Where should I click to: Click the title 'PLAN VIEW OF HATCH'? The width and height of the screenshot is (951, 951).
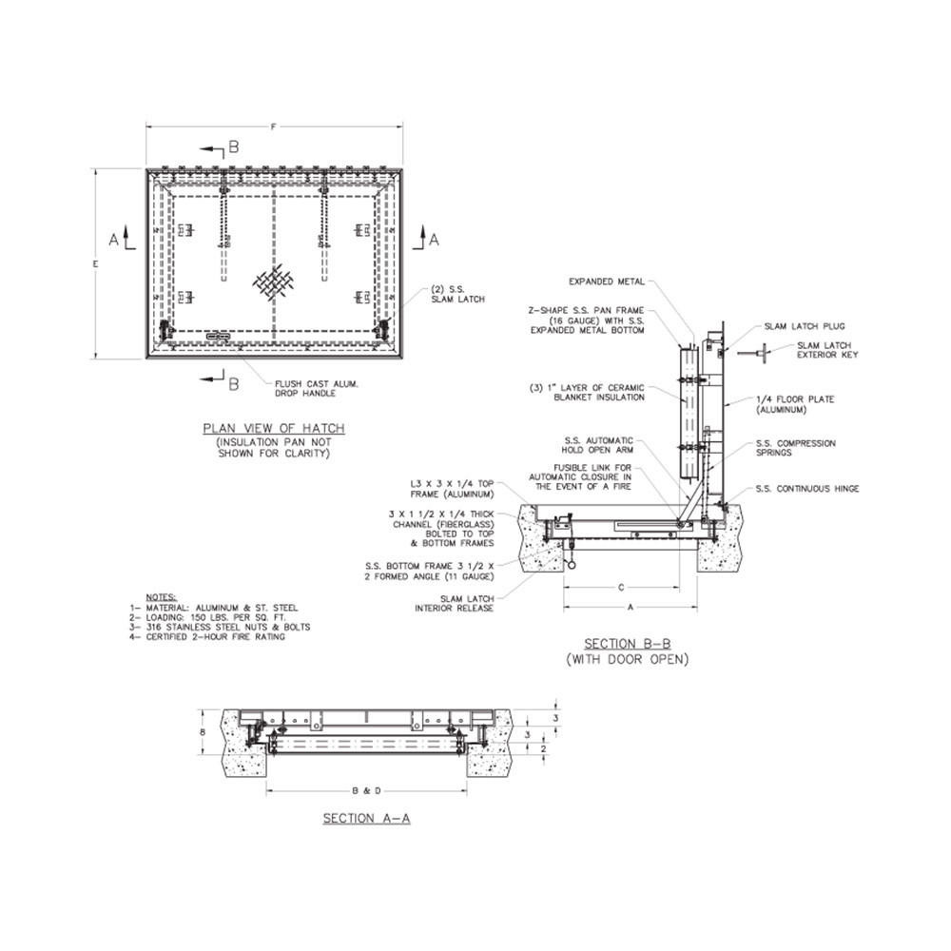click(x=274, y=429)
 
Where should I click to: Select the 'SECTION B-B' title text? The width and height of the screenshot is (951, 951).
click(x=629, y=641)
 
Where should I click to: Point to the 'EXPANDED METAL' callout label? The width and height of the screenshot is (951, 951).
click(x=608, y=281)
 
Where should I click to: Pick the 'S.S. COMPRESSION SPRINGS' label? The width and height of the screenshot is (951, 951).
click(x=795, y=448)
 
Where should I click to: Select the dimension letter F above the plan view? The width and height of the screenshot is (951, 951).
click(x=274, y=126)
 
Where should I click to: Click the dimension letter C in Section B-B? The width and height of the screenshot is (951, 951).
click(x=621, y=587)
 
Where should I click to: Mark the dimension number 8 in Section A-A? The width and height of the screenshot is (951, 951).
click(x=203, y=733)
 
